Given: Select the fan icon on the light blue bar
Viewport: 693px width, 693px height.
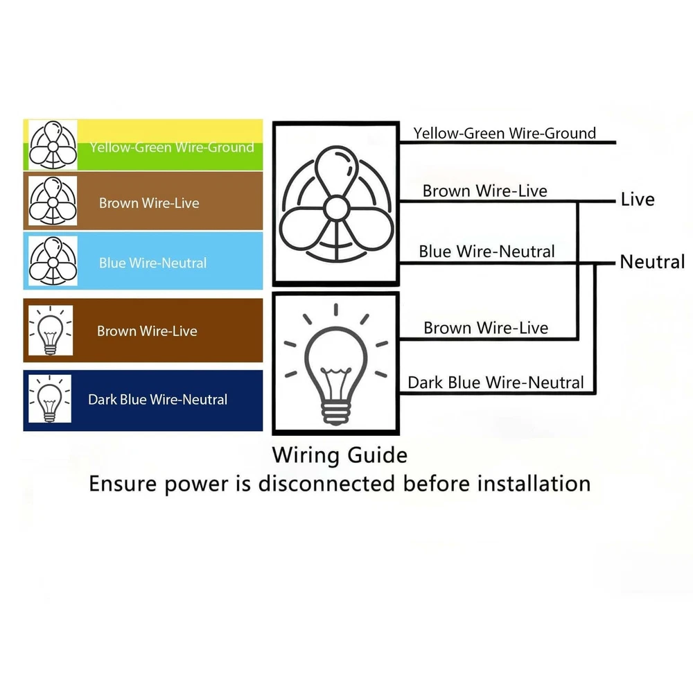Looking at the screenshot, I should pyautogui.click(x=53, y=261).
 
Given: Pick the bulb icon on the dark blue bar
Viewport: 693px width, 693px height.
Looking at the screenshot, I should pyautogui.click(x=50, y=399).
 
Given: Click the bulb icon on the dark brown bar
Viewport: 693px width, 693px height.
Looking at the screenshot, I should pyautogui.click(x=50, y=330).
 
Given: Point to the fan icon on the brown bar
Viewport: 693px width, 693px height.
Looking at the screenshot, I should pyautogui.click(x=53, y=202).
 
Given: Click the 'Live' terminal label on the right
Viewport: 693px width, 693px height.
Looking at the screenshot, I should pyautogui.click(x=638, y=200).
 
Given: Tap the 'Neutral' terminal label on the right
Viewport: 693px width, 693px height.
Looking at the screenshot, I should pyautogui.click(x=652, y=262).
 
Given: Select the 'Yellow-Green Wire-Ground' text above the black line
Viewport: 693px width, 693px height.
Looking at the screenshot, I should pyautogui.click(x=505, y=133).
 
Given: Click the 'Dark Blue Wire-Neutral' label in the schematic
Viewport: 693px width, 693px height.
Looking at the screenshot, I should pyautogui.click(x=495, y=382).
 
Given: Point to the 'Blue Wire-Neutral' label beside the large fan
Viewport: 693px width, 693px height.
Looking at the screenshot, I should pyautogui.click(x=486, y=251).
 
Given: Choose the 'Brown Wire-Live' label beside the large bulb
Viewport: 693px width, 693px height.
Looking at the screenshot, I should pyautogui.click(x=486, y=328).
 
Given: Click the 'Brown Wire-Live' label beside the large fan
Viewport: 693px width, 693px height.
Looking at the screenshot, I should pyautogui.click(x=485, y=191).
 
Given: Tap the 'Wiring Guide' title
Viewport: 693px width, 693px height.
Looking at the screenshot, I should pyautogui.click(x=340, y=455).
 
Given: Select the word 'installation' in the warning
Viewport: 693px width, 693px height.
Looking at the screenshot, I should pyautogui.click(x=534, y=483).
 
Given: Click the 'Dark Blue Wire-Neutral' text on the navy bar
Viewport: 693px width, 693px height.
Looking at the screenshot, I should pyautogui.click(x=157, y=399).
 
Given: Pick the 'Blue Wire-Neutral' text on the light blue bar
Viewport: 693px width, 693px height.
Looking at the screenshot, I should pyautogui.click(x=152, y=263).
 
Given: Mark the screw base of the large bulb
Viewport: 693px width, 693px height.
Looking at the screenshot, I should pyautogui.click(x=335, y=414).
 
